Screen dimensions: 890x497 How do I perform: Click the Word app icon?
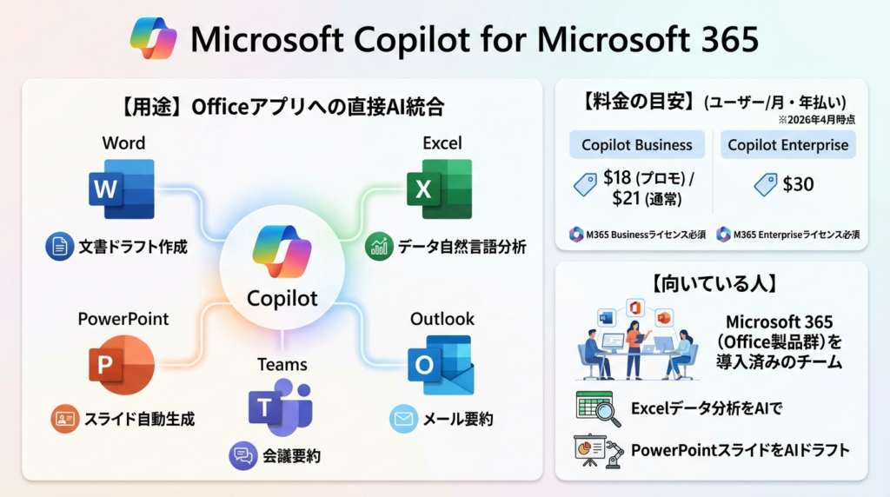pyautogui.click(x=122, y=189)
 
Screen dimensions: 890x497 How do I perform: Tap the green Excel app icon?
pyautogui.click(x=439, y=189)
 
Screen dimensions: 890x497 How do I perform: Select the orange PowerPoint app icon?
pyautogui.click(x=122, y=365)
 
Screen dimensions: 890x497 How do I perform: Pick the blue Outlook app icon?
pyautogui.click(x=441, y=365)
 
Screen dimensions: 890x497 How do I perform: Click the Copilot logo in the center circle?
pyautogui.click(x=282, y=251)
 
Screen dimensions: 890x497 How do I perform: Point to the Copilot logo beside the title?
pyautogui.click(x=153, y=38)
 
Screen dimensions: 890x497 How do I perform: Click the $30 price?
pyautogui.click(x=798, y=184)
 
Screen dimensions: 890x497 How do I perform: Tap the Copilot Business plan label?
pyautogui.click(x=637, y=145)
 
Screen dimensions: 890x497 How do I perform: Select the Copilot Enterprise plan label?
pyautogui.click(x=787, y=145)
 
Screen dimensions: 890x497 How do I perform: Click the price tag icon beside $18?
pyautogui.click(x=585, y=184)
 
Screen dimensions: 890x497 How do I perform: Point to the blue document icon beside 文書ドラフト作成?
pyautogui.click(x=60, y=246)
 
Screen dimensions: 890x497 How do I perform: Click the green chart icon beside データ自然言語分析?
pyautogui.click(x=379, y=246)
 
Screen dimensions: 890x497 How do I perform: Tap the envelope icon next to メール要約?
pyautogui.click(x=403, y=419)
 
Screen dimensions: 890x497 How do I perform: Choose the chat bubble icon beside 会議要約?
pyautogui.click(x=243, y=455)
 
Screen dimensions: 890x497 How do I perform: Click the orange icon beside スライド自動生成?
pyautogui.click(x=64, y=419)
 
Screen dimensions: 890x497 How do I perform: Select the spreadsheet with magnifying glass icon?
pyautogui.click(x=598, y=408)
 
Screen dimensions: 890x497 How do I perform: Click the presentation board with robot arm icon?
pyautogui.click(x=598, y=450)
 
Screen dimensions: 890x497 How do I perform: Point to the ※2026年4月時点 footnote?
pyautogui.click(x=816, y=120)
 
